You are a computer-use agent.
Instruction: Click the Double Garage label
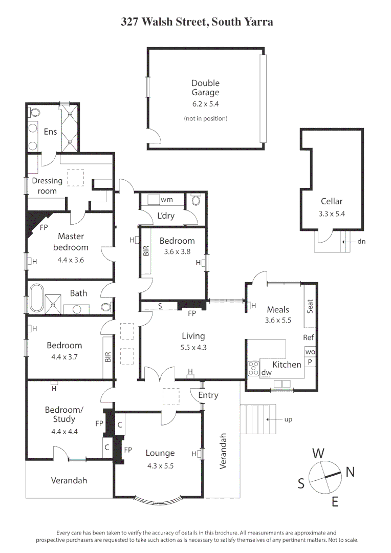pyautogui.click(x=205, y=88)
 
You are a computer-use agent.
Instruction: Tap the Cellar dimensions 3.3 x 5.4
pyautogui.click(x=332, y=214)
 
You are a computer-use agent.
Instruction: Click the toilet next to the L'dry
pyautogui.click(x=196, y=201)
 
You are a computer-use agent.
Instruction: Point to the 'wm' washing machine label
pyautogui.click(x=167, y=199)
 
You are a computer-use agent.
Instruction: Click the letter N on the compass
pyautogui.click(x=350, y=472)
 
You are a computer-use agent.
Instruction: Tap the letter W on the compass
pyautogui.click(x=318, y=453)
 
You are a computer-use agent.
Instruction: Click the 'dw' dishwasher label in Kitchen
pyautogui.click(x=266, y=373)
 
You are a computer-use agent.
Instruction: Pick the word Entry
pyautogui.click(x=208, y=395)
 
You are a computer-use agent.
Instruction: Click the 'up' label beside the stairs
pyautogui.click(x=288, y=419)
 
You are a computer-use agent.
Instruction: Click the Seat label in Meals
pyautogui.click(x=310, y=306)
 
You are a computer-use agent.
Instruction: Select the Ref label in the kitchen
pyautogui.click(x=308, y=337)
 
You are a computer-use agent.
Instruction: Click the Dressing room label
pyautogui.click(x=47, y=185)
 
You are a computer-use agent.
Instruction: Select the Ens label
pyautogui.click(x=50, y=132)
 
